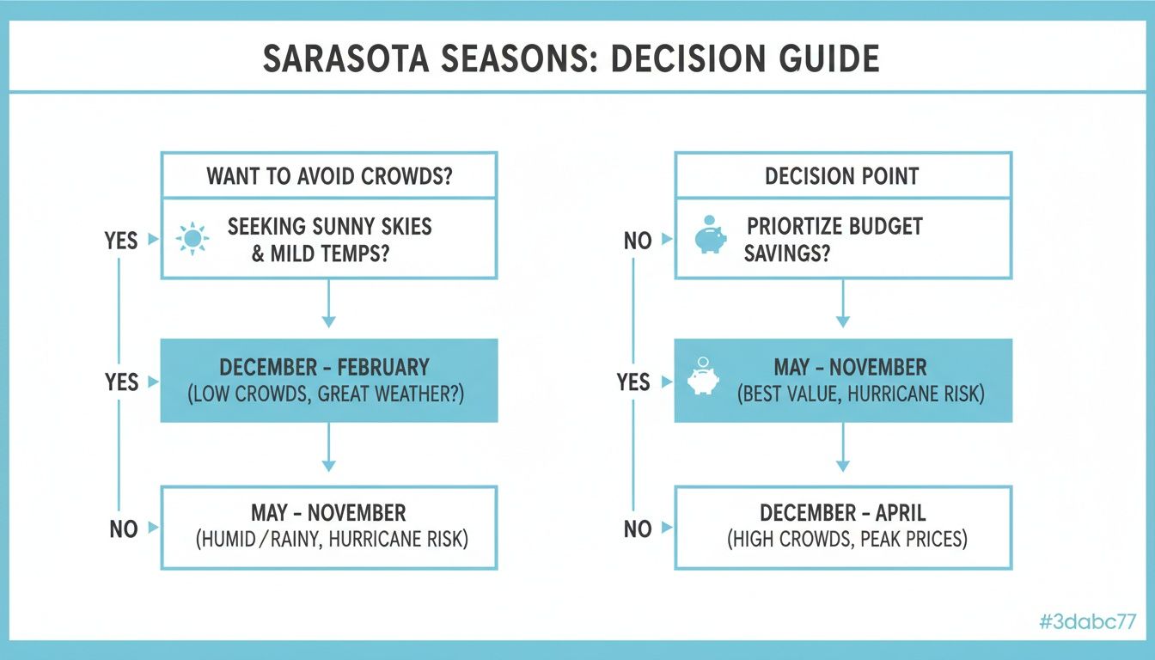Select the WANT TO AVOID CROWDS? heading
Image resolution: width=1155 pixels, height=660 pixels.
pyautogui.click(x=329, y=176)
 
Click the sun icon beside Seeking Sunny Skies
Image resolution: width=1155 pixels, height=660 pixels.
pyautogui.click(x=192, y=238)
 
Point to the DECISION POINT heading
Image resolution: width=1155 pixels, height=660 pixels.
pyautogui.click(x=842, y=176)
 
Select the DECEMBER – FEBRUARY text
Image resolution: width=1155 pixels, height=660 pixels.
pyautogui.click(x=324, y=367)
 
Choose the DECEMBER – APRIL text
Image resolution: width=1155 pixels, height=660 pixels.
pyautogui.click(x=842, y=513)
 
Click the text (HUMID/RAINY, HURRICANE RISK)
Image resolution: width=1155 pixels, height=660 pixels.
pyautogui.click(x=332, y=540)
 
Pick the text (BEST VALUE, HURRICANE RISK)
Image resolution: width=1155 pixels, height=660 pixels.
pyautogui.click(x=860, y=394)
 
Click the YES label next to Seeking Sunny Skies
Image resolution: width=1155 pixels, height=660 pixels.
pyautogui.click(x=121, y=240)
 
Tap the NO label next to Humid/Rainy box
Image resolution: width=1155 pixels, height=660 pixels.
pyautogui.click(x=124, y=529)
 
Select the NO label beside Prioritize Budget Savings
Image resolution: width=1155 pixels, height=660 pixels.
pyautogui.click(x=637, y=241)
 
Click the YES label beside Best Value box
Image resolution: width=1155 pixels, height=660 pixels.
pyautogui.click(x=633, y=382)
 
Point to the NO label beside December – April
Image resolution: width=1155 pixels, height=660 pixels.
pyautogui.click(x=637, y=529)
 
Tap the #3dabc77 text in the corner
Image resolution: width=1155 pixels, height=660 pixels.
pyautogui.click(x=1087, y=623)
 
